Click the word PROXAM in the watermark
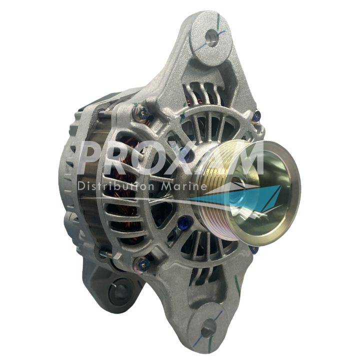(x=172, y=157)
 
